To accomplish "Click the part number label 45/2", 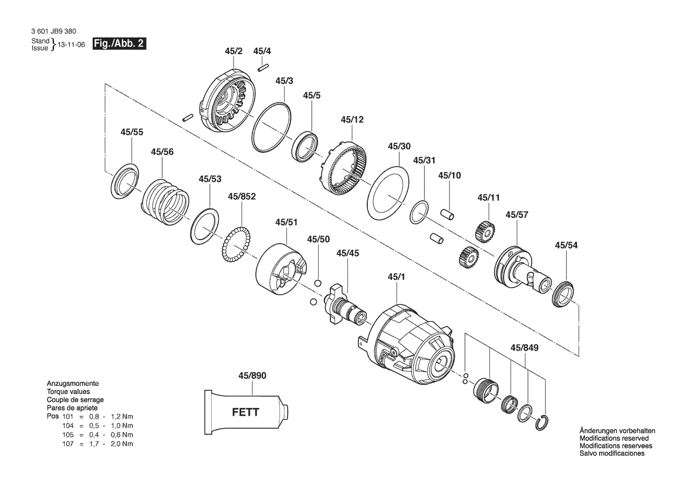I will click(234, 52).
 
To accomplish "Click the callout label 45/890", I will click(252, 375).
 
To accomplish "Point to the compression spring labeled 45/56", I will click(165, 201).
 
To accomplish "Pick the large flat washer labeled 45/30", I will click(387, 191).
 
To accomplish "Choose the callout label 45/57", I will click(517, 214).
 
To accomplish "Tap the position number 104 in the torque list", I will click(68, 425).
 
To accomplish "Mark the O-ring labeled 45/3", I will click(271, 127).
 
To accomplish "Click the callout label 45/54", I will click(566, 245).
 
